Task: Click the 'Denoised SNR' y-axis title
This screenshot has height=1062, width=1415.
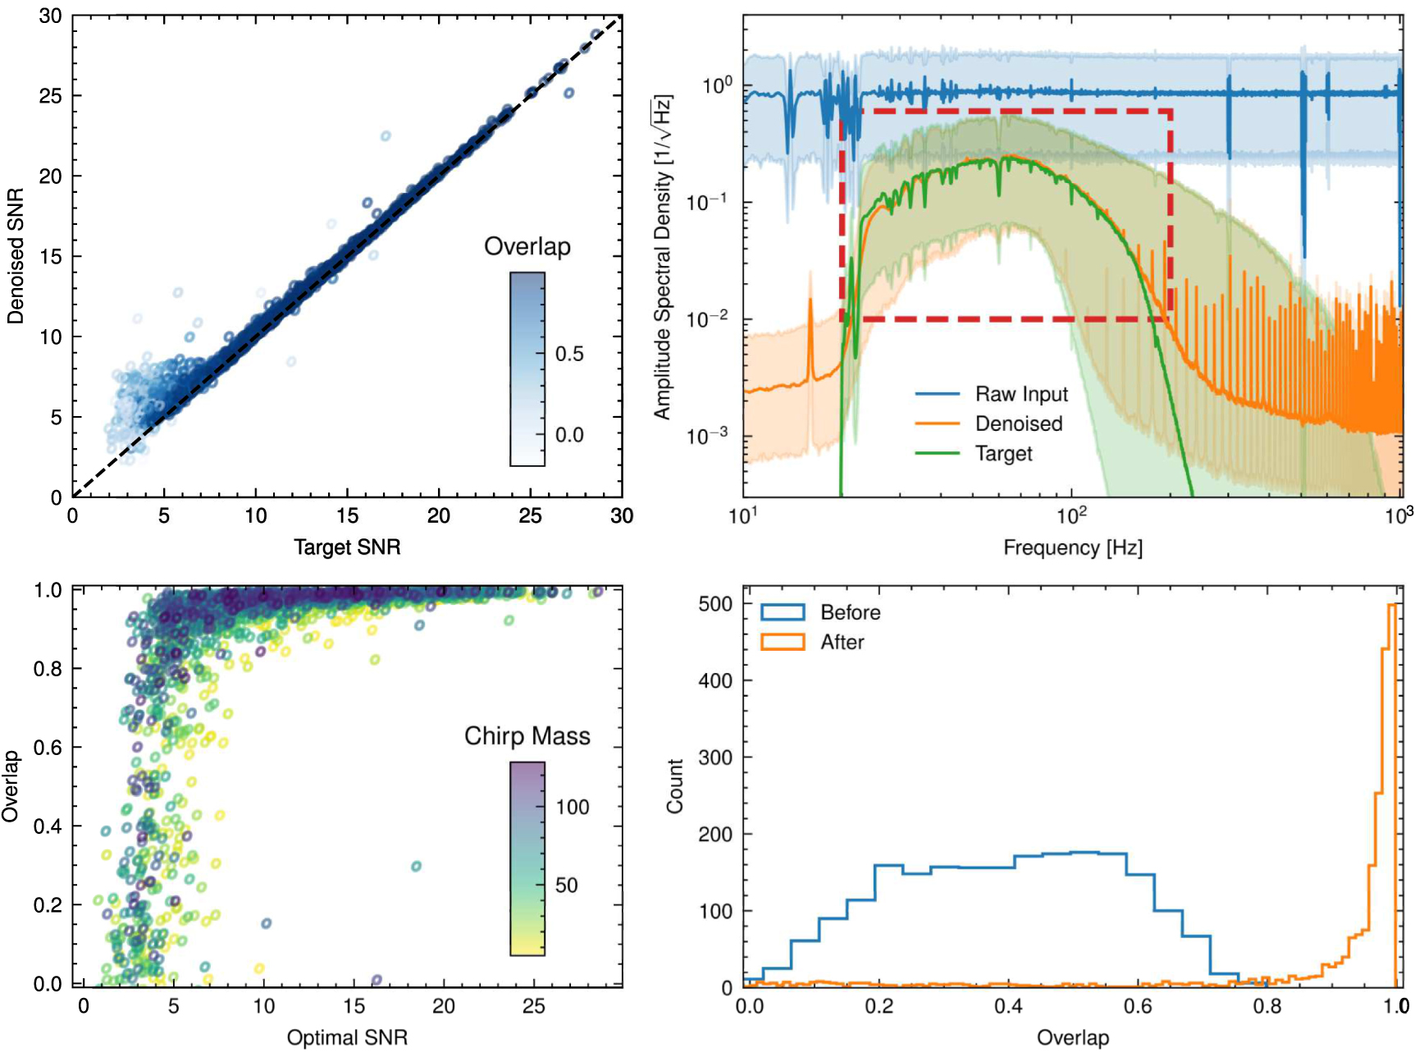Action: pyautogui.click(x=15, y=256)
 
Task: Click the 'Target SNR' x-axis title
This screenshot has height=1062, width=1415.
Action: pyautogui.click(x=347, y=547)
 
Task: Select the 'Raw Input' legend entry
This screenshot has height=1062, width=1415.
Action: pyautogui.click(x=1020, y=395)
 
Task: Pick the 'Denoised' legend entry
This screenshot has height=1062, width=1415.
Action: pyautogui.click(x=1018, y=424)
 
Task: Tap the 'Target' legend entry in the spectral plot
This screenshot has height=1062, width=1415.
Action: pyautogui.click(x=1003, y=454)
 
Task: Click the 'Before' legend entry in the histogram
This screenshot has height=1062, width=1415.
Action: pyautogui.click(x=850, y=613)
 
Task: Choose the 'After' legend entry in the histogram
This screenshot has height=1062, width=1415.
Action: pyautogui.click(x=842, y=643)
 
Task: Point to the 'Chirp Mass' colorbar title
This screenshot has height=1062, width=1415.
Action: pyautogui.click(x=527, y=736)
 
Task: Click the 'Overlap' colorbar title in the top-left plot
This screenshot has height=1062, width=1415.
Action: pyautogui.click(x=527, y=247)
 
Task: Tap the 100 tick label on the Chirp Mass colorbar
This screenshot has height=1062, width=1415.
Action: pyautogui.click(x=572, y=808)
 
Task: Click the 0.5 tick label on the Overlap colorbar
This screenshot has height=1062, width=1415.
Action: pyautogui.click(x=569, y=355)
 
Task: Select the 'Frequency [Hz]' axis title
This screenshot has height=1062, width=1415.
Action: pyautogui.click(x=1072, y=548)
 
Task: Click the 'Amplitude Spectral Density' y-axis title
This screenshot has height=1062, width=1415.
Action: pyautogui.click(x=663, y=256)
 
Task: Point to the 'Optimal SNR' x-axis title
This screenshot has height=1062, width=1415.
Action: pyautogui.click(x=347, y=1038)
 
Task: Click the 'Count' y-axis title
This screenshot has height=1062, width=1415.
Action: pyautogui.click(x=675, y=786)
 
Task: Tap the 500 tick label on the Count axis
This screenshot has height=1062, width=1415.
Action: pyautogui.click(x=714, y=605)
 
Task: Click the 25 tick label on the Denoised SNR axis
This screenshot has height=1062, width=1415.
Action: pyautogui.click(x=50, y=97)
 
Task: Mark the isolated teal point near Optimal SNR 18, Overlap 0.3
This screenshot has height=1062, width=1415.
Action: pyautogui.click(x=416, y=867)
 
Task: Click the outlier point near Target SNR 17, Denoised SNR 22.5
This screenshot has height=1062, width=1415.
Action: pyautogui.click(x=386, y=136)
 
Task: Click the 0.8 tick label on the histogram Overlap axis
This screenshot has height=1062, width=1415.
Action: pyautogui.click(x=1267, y=1007)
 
